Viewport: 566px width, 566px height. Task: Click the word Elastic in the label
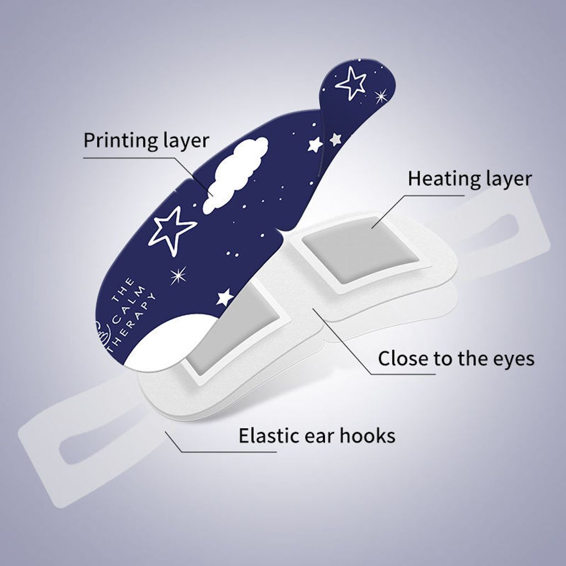(x=269, y=436)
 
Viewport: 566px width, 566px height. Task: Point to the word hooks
(x=367, y=436)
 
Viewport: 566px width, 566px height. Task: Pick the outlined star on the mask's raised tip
(x=350, y=83)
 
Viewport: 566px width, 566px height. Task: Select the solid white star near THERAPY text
(x=224, y=297)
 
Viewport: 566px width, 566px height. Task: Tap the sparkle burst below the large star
(x=179, y=276)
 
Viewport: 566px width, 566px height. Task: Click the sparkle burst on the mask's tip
(x=380, y=96)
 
